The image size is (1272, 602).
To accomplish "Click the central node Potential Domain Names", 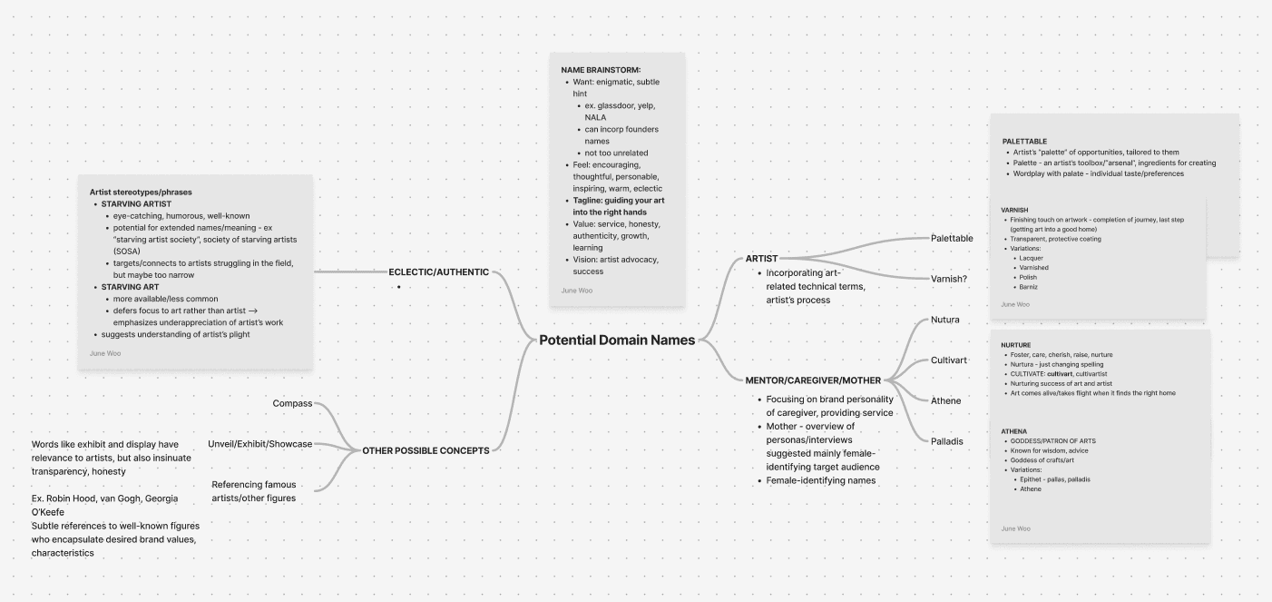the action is (x=617, y=340).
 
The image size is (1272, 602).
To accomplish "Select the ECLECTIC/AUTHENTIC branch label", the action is (x=438, y=271).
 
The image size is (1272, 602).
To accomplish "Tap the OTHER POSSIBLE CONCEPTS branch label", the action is (x=426, y=450).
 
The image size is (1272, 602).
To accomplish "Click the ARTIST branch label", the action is (x=761, y=259).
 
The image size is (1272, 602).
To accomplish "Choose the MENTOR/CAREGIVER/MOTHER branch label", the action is (x=813, y=380).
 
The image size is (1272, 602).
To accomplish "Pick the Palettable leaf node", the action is (x=952, y=238).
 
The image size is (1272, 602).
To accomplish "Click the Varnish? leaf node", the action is (x=948, y=279).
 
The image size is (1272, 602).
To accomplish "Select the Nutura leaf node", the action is (x=944, y=320).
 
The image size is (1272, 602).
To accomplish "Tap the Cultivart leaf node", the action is (x=948, y=360).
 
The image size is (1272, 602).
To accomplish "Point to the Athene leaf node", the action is (x=945, y=400).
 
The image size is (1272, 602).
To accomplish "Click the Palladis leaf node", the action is (x=946, y=441).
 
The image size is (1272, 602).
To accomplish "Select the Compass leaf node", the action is (x=292, y=403).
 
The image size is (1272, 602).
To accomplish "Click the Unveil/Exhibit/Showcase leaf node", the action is (x=259, y=444).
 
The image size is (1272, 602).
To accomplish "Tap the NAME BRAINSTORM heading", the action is (x=601, y=70).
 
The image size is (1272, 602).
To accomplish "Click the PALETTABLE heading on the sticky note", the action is (x=1024, y=142).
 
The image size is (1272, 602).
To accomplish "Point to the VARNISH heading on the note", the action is (x=1014, y=210).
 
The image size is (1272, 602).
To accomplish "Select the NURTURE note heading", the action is (x=1015, y=345).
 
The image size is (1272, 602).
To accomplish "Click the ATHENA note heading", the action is (x=1013, y=430).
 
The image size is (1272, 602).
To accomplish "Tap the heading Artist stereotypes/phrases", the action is (x=141, y=192).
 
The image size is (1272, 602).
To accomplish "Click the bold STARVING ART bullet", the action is (x=130, y=287).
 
